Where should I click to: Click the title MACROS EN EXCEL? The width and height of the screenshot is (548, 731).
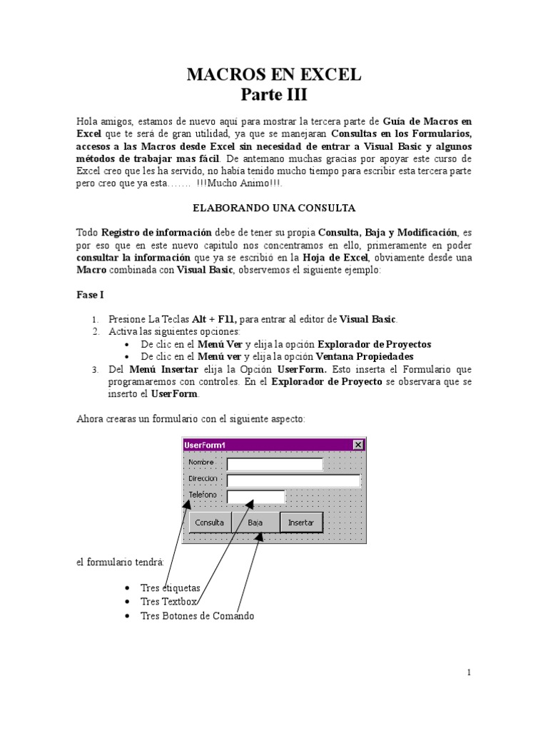[x=274, y=74]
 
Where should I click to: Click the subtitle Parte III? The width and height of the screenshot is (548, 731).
[x=274, y=94]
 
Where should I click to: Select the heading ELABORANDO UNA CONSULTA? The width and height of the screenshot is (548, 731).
[x=274, y=208]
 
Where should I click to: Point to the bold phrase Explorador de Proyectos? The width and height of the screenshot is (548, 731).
[x=374, y=344]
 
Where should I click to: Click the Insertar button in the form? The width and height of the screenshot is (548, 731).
[x=300, y=523]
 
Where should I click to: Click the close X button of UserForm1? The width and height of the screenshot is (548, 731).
[x=357, y=445]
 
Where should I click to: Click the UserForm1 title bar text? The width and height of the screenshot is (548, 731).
[x=205, y=445]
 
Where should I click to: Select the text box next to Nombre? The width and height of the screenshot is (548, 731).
[x=275, y=465]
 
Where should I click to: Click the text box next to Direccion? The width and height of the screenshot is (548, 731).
[x=293, y=480]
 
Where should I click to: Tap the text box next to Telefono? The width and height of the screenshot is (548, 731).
[x=255, y=496]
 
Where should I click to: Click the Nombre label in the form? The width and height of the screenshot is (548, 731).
[x=201, y=463]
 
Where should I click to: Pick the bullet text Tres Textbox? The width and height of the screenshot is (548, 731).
[x=168, y=602]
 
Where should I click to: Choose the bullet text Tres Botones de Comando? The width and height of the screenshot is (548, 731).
[x=197, y=615]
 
